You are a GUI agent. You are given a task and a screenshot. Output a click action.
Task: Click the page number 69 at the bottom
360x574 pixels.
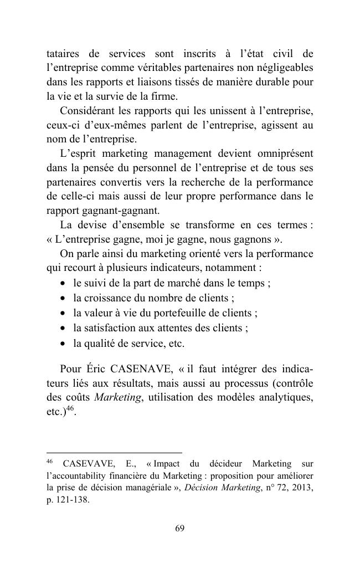tap(179, 528)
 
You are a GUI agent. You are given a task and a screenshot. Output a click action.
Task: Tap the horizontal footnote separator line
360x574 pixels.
tap(114, 453)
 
